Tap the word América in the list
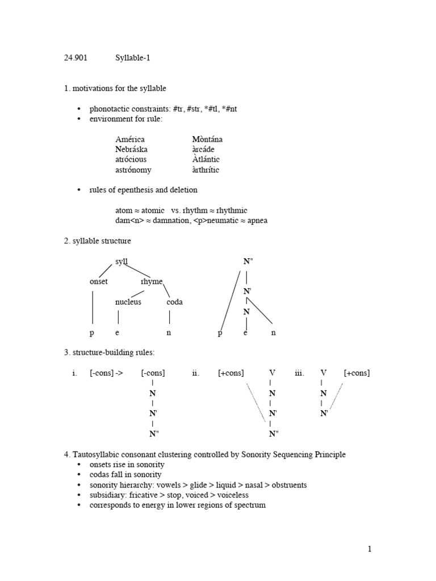coord(130,139)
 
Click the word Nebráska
coord(132,149)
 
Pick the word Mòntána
coord(207,139)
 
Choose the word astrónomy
coord(133,170)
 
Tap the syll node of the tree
coord(121,262)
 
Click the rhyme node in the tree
coord(152,281)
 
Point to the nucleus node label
coord(128,302)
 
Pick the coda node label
coord(174,302)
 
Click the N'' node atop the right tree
coord(248,262)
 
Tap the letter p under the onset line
coord(92,333)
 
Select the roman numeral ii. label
coord(195,373)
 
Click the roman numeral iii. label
coord(299,373)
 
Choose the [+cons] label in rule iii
coord(357,373)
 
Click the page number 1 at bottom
coord(369,549)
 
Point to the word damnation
coord(168,221)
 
